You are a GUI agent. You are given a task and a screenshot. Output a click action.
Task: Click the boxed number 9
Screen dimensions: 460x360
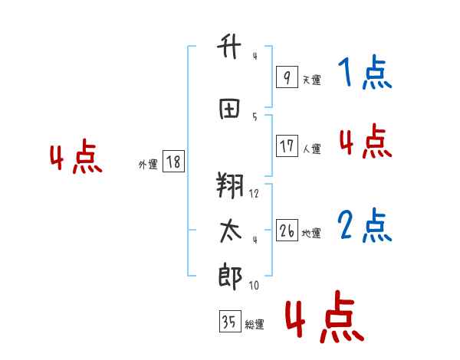(x=286, y=77)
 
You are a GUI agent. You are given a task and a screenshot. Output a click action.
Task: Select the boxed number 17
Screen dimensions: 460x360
(x=286, y=146)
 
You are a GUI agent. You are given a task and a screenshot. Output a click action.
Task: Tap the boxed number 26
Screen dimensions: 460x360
(x=286, y=231)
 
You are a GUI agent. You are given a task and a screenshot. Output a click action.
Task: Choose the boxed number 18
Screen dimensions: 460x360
(x=173, y=162)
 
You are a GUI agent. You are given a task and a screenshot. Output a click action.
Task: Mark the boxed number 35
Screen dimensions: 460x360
(x=229, y=322)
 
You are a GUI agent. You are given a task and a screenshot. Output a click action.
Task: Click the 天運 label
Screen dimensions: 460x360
(x=311, y=80)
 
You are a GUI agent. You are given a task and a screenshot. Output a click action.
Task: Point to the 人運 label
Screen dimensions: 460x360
(x=311, y=149)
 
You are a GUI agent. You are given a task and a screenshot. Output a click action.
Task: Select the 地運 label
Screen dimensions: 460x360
(x=311, y=233)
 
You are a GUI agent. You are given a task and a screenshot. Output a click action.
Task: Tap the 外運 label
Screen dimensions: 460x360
(x=148, y=164)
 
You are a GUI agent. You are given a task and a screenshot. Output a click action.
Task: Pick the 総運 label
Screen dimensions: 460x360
(x=255, y=325)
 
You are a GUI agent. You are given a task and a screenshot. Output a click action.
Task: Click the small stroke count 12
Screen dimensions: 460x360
(x=254, y=194)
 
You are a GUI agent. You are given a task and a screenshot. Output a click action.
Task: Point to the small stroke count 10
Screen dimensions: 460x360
(x=254, y=286)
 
